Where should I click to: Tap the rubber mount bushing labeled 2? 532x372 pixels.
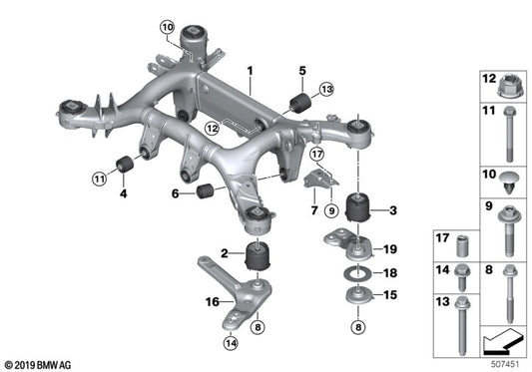[x=262, y=256]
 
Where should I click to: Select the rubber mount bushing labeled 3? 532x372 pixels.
[x=356, y=211]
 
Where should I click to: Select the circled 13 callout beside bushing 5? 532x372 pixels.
[x=325, y=91]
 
